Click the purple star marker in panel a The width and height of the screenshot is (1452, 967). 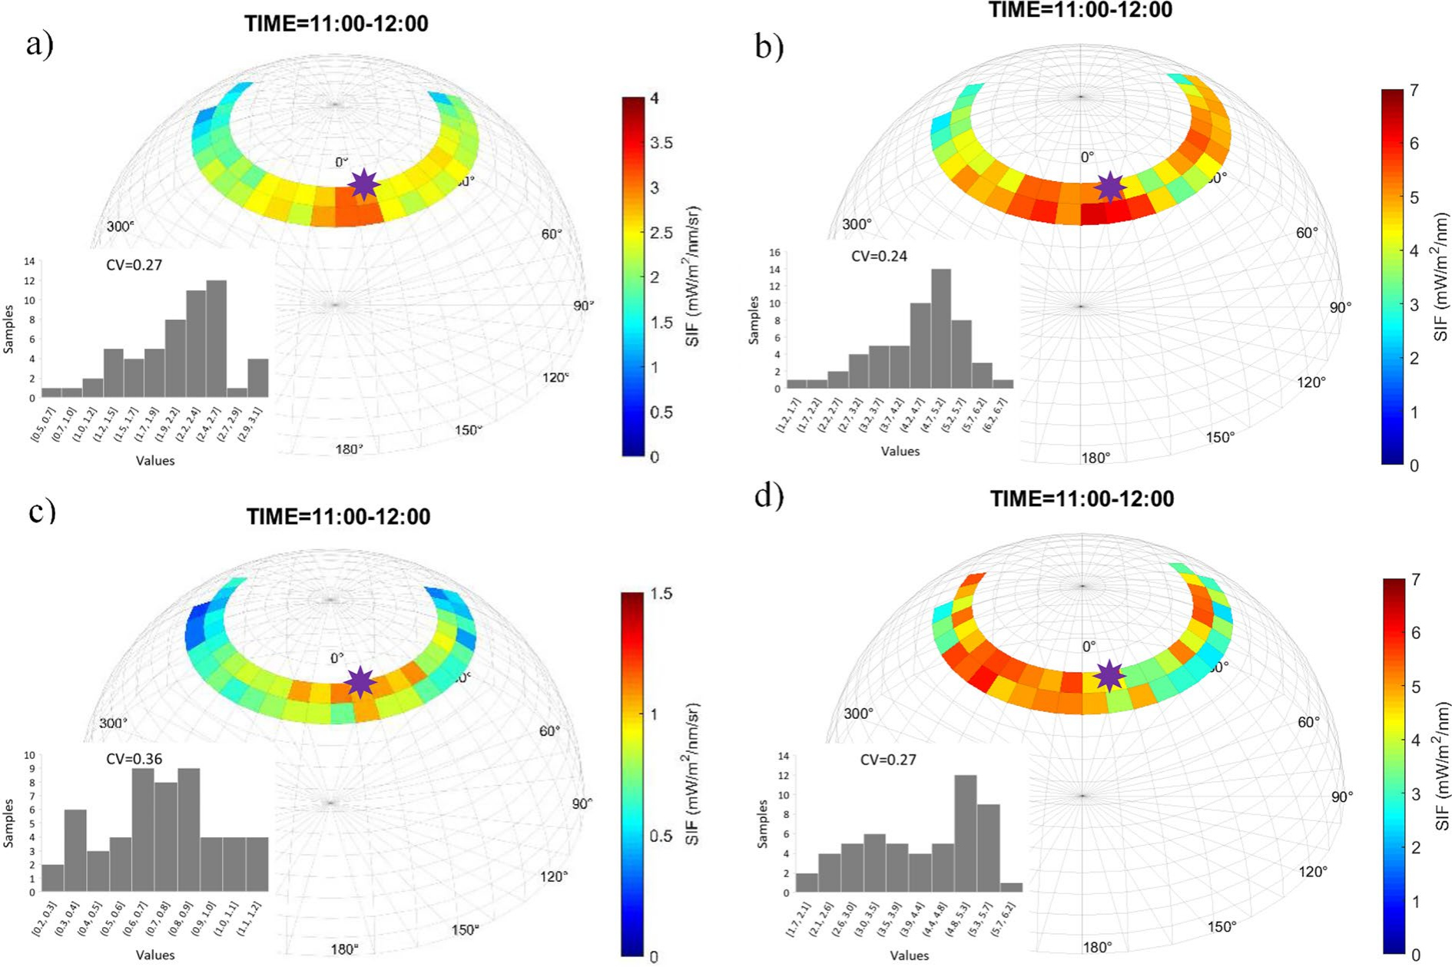tap(363, 185)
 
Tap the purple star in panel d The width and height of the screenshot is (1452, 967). tap(1109, 676)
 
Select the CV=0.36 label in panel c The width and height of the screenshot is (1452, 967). tap(134, 760)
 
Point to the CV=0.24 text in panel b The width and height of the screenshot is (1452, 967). tap(879, 257)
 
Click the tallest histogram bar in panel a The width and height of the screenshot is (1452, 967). tap(217, 339)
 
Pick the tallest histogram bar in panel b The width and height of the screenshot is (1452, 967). tap(940, 329)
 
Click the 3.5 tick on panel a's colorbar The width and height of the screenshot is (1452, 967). tap(661, 143)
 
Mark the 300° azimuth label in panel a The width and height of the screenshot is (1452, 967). tap(121, 227)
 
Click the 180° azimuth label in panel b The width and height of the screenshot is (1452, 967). tap(1096, 458)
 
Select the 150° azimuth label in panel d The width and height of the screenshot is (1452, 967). tap(1222, 926)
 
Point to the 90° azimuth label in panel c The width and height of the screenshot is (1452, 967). tap(582, 803)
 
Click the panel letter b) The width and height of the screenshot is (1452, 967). tap(769, 48)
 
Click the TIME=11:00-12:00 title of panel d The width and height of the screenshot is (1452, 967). tap(1082, 498)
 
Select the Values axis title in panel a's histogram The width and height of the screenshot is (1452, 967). tap(155, 461)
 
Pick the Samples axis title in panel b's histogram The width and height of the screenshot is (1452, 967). tap(754, 320)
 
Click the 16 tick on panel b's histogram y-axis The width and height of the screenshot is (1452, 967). tap(774, 253)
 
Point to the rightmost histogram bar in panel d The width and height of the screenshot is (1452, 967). tap(1011, 888)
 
